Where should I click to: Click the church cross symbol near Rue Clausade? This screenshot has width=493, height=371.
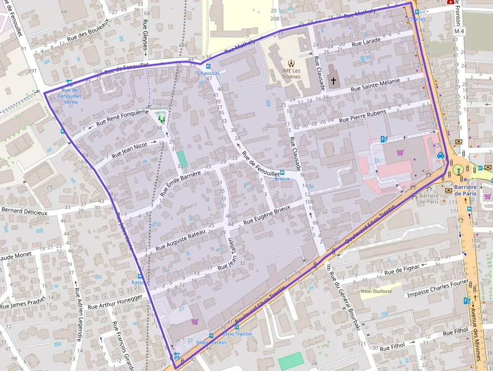point(333,81)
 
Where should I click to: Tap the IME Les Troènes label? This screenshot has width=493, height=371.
point(291,73)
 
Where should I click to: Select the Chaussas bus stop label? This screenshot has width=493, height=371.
point(208,73)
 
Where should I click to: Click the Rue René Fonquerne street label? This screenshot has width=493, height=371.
point(122,117)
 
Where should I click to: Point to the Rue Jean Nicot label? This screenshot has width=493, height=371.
point(130,150)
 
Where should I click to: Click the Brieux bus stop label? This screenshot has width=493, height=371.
point(282,179)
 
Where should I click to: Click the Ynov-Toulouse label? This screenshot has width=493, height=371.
point(376,291)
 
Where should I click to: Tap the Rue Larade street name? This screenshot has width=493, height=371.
point(366,42)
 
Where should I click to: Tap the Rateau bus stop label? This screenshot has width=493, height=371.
point(139,282)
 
